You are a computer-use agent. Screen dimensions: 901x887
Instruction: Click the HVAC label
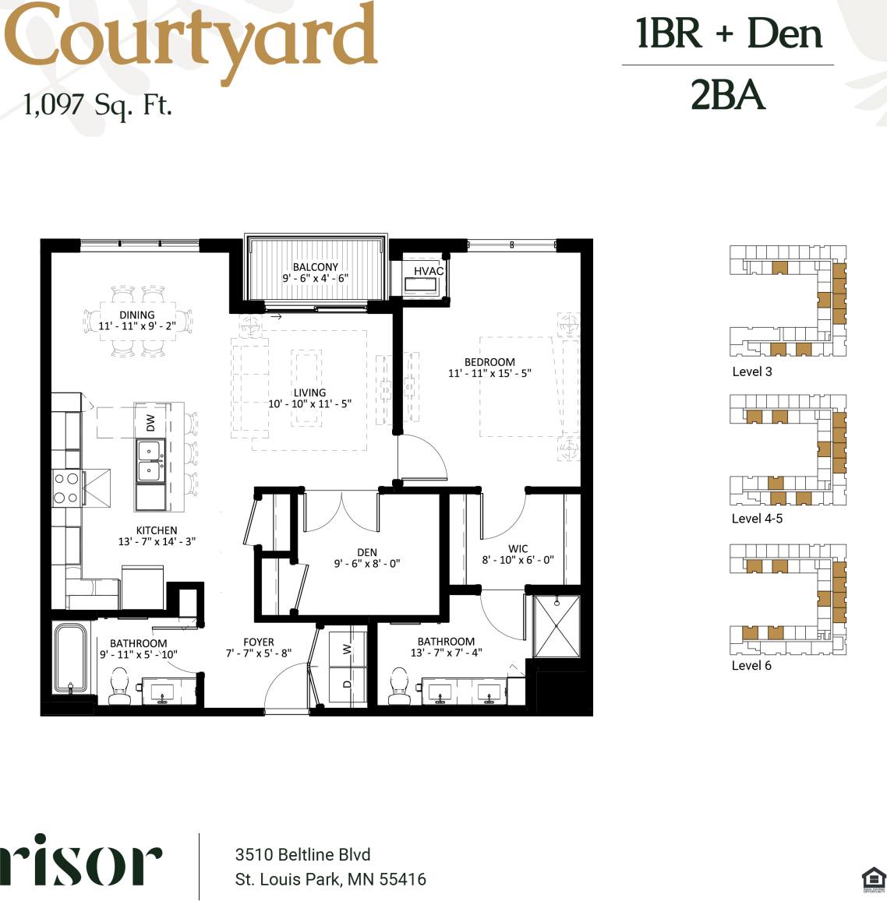click(x=428, y=271)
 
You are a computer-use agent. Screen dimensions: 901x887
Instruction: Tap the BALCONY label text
click(x=316, y=267)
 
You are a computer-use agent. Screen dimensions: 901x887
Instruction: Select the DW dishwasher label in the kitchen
click(x=150, y=423)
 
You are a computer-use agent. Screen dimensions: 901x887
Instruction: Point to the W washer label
click(x=348, y=649)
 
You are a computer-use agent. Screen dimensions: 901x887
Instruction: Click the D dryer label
click(x=348, y=684)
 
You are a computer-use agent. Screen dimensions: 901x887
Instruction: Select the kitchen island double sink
click(x=150, y=461)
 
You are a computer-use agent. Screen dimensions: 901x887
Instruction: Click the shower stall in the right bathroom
click(x=557, y=626)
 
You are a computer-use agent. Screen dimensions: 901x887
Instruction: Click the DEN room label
click(x=366, y=552)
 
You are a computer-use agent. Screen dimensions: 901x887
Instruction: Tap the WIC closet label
click(x=518, y=548)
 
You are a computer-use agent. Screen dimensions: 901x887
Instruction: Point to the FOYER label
click(x=259, y=642)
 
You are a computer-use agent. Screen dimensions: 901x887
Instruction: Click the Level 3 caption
click(x=752, y=371)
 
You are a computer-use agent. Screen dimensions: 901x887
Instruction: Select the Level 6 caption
click(x=751, y=665)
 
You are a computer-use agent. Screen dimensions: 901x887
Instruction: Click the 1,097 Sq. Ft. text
click(x=97, y=104)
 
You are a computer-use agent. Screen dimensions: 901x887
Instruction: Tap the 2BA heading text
click(x=727, y=96)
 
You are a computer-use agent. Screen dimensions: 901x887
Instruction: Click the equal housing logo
click(x=873, y=878)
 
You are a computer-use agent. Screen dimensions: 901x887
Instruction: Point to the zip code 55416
click(x=402, y=879)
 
